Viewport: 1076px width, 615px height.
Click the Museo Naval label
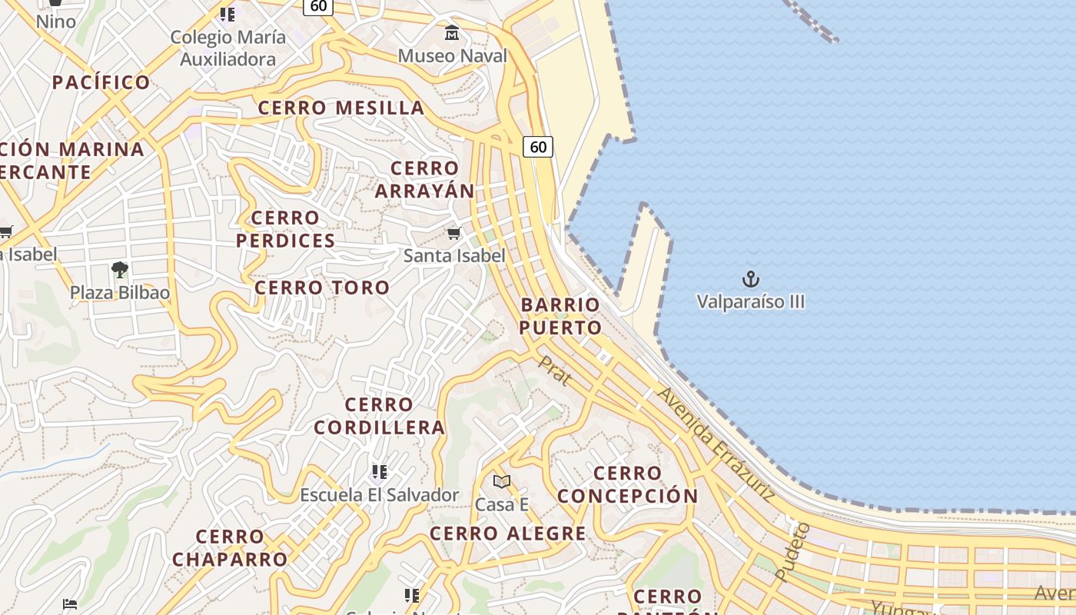(x=453, y=55)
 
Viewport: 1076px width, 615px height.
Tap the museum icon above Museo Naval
(x=452, y=33)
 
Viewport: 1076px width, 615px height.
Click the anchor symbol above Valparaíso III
(x=750, y=278)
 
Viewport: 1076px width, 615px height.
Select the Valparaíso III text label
(x=750, y=301)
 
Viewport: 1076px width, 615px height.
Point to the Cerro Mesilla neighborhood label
(x=341, y=108)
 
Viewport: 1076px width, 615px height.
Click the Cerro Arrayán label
(x=424, y=179)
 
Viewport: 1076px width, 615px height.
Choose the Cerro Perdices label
(x=285, y=229)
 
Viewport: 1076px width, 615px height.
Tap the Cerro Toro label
(x=322, y=288)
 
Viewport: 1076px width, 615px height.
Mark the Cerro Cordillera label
(x=379, y=415)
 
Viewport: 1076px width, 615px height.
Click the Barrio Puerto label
(x=560, y=316)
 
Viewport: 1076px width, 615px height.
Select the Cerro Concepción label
(x=628, y=484)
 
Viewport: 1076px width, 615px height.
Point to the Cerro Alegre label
(x=507, y=534)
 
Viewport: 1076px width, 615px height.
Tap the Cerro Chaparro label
(x=230, y=547)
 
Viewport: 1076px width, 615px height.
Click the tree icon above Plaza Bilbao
(x=119, y=270)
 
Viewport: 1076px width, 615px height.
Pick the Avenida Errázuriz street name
(x=716, y=444)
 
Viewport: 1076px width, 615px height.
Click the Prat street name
(x=554, y=370)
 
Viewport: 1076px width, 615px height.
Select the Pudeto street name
(x=792, y=551)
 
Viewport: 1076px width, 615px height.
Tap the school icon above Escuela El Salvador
(x=379, y=471)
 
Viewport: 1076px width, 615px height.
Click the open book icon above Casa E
(x=502, y=482)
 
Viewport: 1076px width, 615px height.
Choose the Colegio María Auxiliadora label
(x=227, y=48)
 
